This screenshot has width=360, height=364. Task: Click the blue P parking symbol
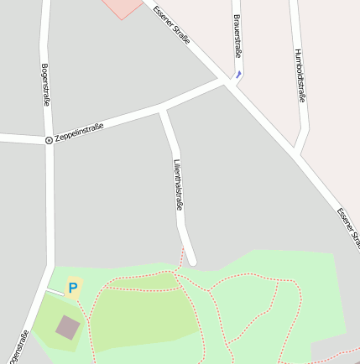click(x=72, y=288)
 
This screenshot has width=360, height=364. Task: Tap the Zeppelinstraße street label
click(x=79, y=133)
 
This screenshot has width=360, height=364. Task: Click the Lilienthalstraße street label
click(x=178, y=183)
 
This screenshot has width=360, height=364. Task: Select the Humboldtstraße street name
click(x=300, y=75)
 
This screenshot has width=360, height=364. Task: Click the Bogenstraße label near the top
click(x=45, y=84)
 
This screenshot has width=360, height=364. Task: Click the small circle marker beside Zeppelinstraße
click(x=49, y=139)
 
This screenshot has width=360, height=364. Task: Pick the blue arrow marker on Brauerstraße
click(x=238, y=74)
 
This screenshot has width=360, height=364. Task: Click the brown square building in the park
click(x=68, y=326)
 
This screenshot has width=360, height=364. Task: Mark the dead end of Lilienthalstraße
click(x=191, y=261)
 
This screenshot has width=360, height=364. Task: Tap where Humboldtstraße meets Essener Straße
click(x=295, y=153)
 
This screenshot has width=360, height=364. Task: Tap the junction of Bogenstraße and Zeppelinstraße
click(x=49, y=139)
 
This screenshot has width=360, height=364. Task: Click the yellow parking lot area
click(x=74, y=288)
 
